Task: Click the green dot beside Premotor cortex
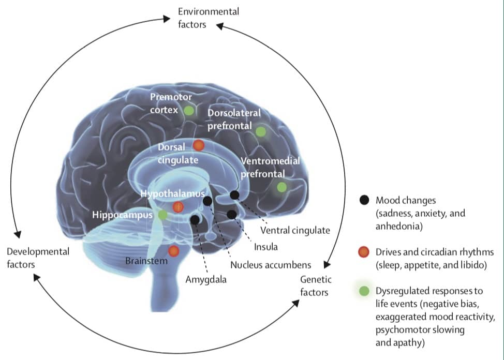(189, 110)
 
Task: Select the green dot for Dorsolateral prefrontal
(261, 131)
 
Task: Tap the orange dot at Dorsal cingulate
(199, 146)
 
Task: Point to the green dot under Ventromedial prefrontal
(281, 187)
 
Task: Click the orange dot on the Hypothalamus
(178, 207)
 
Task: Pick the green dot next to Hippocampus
(162, 214)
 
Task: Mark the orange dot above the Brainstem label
(173, 251)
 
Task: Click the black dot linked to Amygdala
(195, 220)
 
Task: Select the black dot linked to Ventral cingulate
(234, 195)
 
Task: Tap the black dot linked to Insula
(231, 214)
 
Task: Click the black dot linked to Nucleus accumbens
(207, 201)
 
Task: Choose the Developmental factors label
(38, 258)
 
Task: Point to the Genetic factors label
(316, 286)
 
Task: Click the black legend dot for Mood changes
(364, 200)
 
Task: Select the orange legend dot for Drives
(364, 252)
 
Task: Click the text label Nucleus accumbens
(271, 265)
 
